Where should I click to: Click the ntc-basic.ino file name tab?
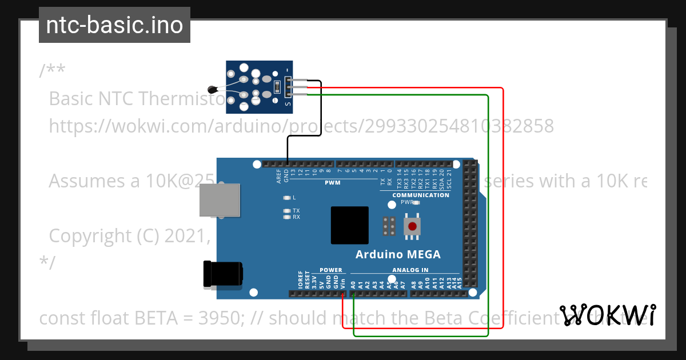click(114, 25)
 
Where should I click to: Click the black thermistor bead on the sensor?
click(213, 89)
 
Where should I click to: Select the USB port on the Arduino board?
click(220, 201)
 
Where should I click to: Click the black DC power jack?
click(223, 274)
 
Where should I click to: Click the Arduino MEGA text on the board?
click(398, 255)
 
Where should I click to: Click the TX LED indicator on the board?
click(287, 211)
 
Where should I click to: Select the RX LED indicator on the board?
click(287, 217)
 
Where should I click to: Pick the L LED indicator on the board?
click(287, 198)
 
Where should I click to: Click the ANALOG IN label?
click(410, 270)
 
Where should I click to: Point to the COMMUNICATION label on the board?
click(421, 195)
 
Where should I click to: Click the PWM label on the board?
click(332, 183)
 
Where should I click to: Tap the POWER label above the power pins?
click(330, 270)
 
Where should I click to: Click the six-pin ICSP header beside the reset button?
click(389, 226)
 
